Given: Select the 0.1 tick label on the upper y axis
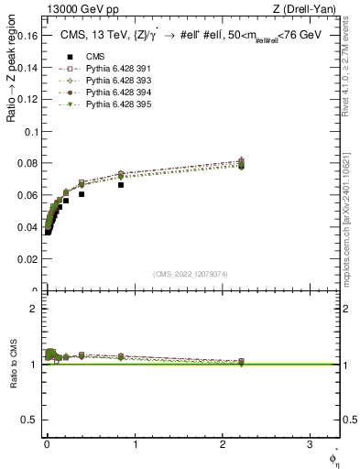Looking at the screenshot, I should point(33,132).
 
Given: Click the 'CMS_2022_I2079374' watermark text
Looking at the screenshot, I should point(191,274).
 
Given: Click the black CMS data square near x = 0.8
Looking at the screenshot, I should point(121,185).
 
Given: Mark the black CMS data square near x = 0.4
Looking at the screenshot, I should point(82,194).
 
